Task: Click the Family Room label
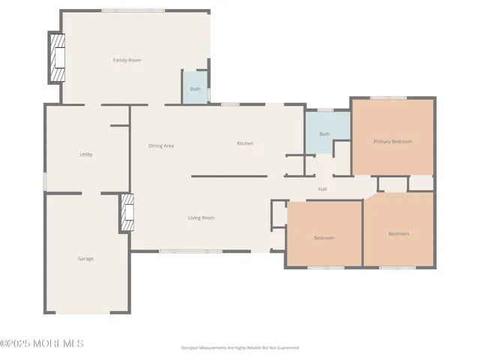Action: [x=127, y=60]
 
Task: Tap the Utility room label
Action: [x=86, y=154]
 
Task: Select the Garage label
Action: [x=85, y=259]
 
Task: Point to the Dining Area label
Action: [x=160, y=145]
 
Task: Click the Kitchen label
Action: [x=244, y=143]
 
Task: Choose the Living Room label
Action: [x=201, y=218]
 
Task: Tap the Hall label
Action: [x=322, y=189]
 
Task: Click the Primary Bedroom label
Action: [x=392, y=141]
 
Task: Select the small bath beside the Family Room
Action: [x=195, y=88]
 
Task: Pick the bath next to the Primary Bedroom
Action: [x=325, y=134]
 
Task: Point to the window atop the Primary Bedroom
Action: [x=388, y=97]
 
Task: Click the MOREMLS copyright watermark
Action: [x=42, y=343]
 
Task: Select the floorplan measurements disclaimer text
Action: [x=240, y=348]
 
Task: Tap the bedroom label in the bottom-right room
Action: [x=398, y=234]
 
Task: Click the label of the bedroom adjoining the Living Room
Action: [x=324, y=238]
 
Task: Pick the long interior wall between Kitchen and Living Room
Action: [x=229, y=176]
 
